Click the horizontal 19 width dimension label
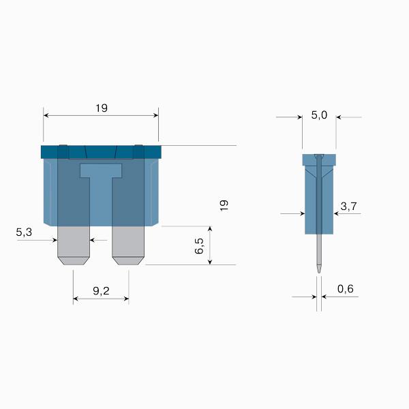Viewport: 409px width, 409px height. [101, 108]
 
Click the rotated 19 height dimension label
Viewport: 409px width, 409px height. [224, 205]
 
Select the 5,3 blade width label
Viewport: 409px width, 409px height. [24, 232]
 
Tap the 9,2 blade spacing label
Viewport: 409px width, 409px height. [101, 291]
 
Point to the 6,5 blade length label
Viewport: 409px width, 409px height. [200, 245]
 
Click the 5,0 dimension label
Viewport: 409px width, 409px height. [319, 115]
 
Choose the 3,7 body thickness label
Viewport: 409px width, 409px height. [348, 207]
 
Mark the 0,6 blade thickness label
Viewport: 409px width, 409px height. [346, 289]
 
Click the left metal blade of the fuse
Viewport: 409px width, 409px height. [74, 245]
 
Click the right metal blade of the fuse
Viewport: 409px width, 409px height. [128, 245]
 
